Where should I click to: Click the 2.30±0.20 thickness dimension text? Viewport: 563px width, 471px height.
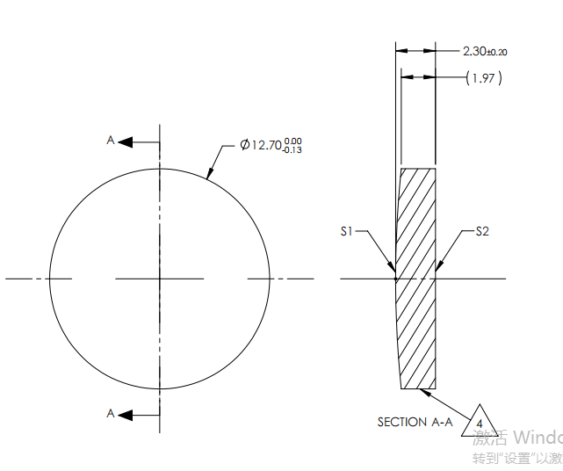pyautogui.click(x=485, y=51)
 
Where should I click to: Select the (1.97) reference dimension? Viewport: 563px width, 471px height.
pyautogui.click(x=485, y=78)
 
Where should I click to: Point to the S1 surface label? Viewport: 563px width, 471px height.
pyautogui.click(x=347, y=231)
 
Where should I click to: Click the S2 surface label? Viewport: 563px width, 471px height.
pyautogui.click(x=482, y=231)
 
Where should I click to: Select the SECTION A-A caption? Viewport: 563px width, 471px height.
pyautogui.click(x=415, y=422)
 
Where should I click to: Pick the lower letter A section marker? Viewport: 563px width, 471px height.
pyautogui.click(x=111, y=413)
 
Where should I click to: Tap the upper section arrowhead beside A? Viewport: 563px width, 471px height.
pyautogui.click(x=125, y=141)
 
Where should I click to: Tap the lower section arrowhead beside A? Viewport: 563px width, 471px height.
pyautogui.click(x=125, y=414)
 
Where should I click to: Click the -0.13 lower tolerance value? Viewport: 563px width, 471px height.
pyautogui.click(x=292, y=150)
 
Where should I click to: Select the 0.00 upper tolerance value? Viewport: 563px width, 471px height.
pyautogui.click(x=293, y=140)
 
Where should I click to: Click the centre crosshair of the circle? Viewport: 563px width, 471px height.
pyautogui.click(x=159, y=279)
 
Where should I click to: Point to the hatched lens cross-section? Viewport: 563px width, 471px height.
pyautogui.click(x=416, y=279)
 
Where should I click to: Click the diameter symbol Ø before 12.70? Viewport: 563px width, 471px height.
pyautogui.click(x=245, y=145)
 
